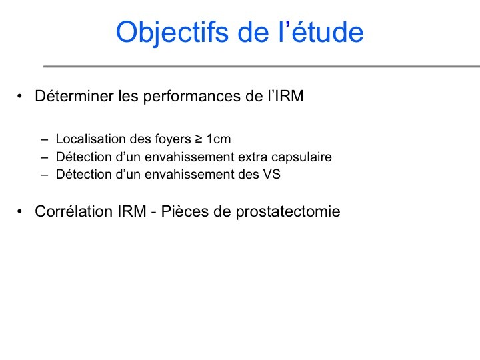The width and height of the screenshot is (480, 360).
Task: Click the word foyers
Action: tap(173, 139)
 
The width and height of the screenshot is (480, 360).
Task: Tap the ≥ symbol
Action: tap(199, 139)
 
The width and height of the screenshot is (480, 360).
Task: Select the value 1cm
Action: tap(219, 139)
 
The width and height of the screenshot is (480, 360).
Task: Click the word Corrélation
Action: tap(74, 211)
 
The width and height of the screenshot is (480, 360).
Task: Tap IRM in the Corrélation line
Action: tap(132, 211)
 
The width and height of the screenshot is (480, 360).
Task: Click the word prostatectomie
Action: tap(288, 212)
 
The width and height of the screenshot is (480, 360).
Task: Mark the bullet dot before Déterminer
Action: tap(20, 96)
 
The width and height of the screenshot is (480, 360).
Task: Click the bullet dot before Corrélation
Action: tap(20, 211)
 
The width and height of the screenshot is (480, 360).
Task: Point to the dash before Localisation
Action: tap(45, 140)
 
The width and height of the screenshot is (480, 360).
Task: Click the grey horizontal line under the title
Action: tap(262, 66)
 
